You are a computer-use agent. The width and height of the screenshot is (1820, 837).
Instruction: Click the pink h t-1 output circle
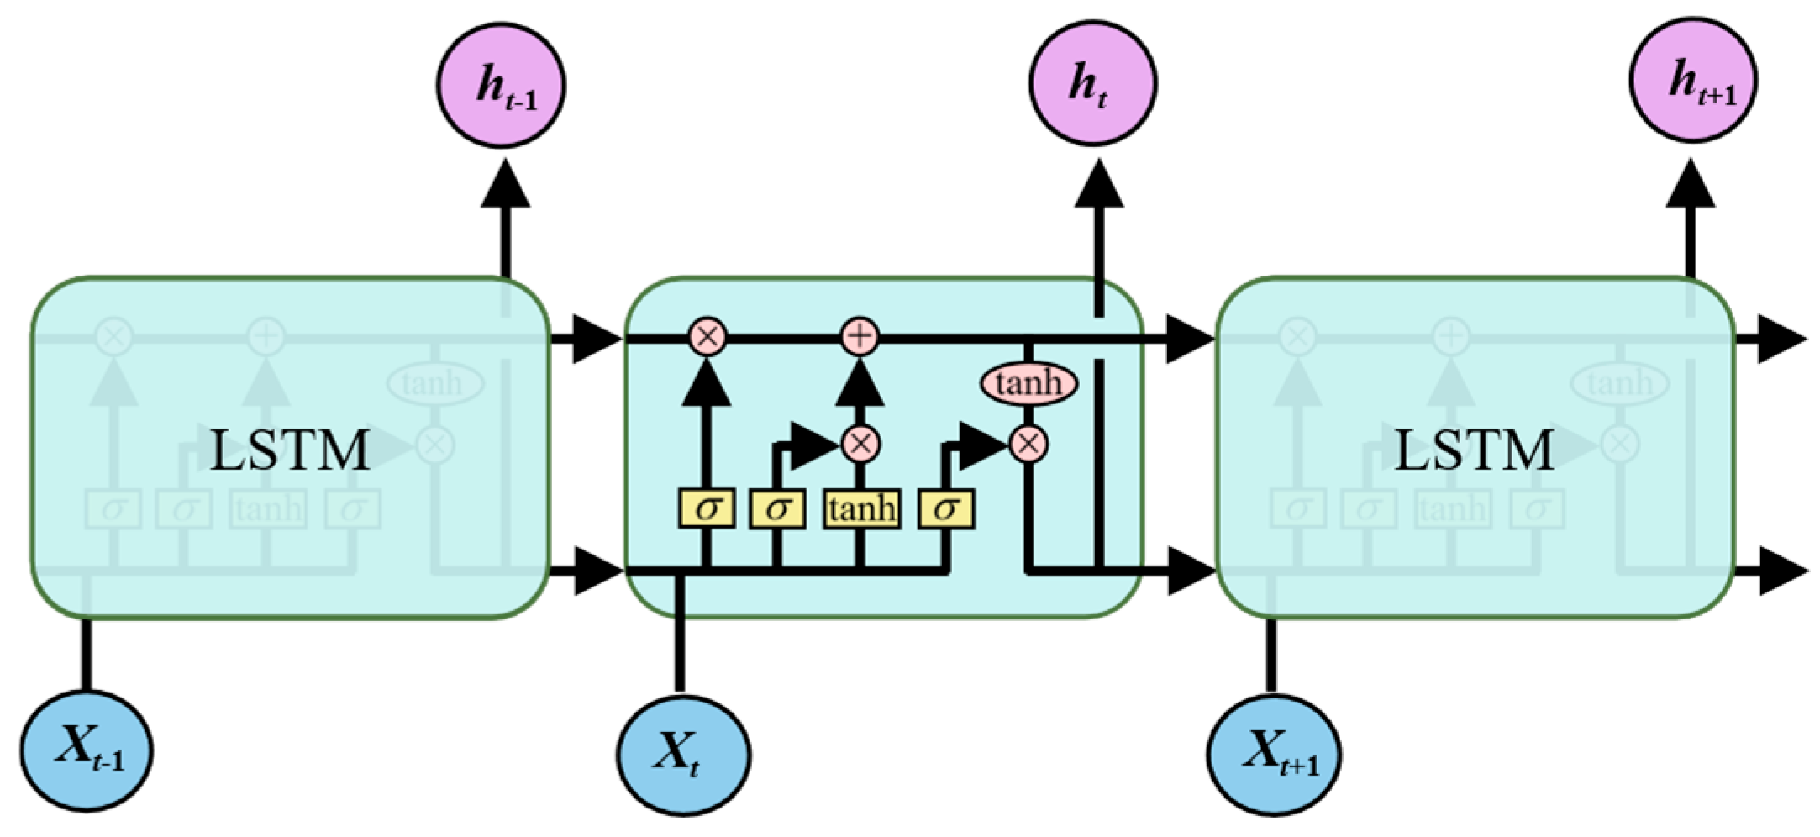tap(501, 85)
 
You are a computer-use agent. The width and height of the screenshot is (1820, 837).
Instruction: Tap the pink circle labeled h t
tap(1093, 83)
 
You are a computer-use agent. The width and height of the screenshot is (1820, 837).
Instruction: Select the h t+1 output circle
tap(1694, 80)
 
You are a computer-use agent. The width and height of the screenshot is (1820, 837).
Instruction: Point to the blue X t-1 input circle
tap(87, 750)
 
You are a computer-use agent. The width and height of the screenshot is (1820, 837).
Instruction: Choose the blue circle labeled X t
tap(683, 755)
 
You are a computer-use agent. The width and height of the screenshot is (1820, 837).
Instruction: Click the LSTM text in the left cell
tap(290, 450)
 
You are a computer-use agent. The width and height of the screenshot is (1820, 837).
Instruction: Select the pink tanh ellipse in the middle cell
tap(1029, 384)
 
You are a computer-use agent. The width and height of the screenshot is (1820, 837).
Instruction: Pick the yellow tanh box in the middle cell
tap(861, 509)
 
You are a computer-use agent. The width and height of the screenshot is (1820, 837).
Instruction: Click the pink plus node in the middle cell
tap(860, 337)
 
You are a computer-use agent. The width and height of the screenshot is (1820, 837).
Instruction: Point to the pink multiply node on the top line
tap(707, 337)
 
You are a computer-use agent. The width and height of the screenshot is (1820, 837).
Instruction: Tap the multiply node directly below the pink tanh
tap(1028, 443)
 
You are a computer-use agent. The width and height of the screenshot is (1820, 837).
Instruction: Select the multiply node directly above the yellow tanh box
tap(860, 443)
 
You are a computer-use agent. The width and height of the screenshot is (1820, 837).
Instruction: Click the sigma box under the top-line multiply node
tap(707, 509)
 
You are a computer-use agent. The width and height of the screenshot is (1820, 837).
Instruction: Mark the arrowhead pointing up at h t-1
tap(505, 185)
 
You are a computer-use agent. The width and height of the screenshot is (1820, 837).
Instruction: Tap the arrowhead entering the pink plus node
tap(860, 385)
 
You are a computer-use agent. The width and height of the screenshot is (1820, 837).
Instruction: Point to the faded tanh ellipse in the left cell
tap(434, 384)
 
